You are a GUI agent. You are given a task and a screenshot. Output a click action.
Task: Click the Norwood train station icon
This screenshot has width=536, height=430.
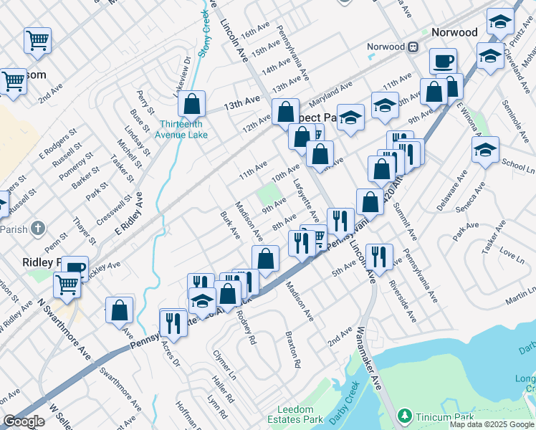coord(413,47)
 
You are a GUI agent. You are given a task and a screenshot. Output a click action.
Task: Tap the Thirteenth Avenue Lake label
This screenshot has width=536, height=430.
coord(183,128)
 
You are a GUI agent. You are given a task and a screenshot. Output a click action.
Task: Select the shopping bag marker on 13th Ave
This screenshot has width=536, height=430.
coord(192,104)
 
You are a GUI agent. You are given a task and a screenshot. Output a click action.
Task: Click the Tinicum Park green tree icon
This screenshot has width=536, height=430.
coord(404,416)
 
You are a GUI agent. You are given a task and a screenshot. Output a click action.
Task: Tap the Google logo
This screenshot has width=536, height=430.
coord(24,421)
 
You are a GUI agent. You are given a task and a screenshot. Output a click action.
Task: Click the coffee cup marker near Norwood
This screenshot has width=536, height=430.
coord(444,61)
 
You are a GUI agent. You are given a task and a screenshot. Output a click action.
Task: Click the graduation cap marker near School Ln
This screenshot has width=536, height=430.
coord(485,150)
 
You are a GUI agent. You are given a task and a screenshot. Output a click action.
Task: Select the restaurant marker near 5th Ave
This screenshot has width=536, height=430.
coord(379,256)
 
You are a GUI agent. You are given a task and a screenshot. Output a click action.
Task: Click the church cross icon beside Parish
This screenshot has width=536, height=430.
coord(39,229)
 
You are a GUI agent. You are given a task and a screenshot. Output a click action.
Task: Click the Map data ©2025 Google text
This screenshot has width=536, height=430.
coord(491,424)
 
